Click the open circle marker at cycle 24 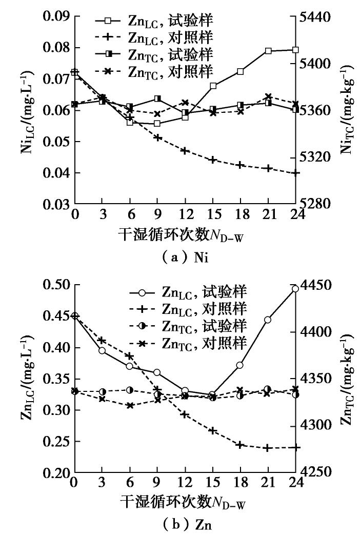point(295,289)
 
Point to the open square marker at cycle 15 point(213,86)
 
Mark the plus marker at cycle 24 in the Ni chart point(295,173)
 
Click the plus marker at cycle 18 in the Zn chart point(240,445)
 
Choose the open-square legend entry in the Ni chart point(154,21)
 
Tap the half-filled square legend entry point(154,53)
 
